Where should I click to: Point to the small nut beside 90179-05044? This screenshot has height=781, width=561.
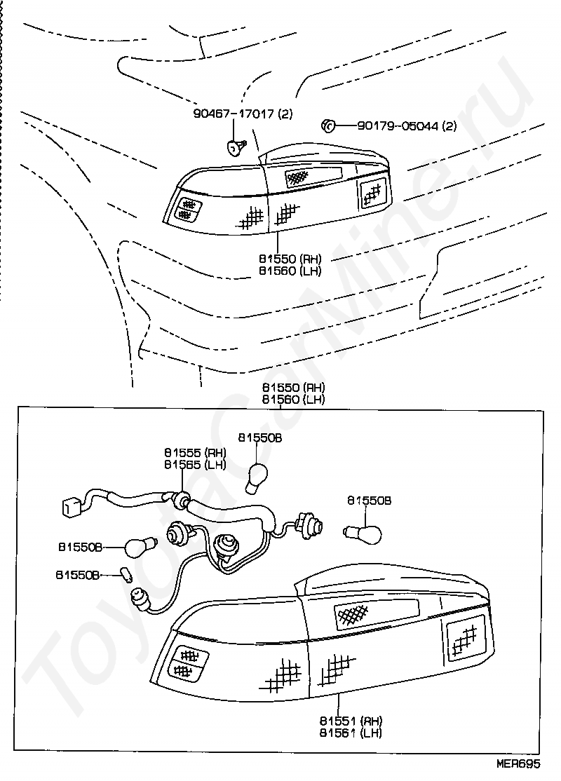(327, 126)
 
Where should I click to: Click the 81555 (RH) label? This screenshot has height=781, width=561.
(195, 452)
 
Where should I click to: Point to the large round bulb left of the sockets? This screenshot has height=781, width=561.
(137, 545)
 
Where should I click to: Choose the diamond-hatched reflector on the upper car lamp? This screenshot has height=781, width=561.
(298, 177)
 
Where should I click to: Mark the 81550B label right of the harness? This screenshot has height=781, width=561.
(369, 501)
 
